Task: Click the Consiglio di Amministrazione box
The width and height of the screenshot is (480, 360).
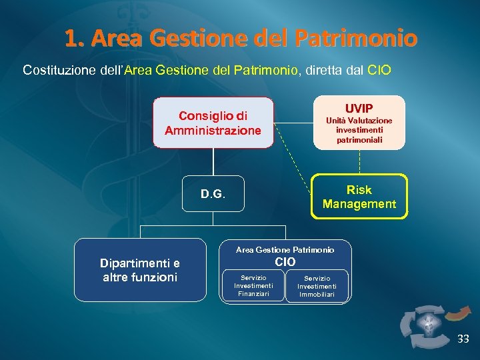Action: [x=213, y=123]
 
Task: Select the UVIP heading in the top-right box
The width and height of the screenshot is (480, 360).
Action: [x=359, y=108]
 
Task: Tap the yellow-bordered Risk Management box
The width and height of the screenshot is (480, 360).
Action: [x=359, y=197]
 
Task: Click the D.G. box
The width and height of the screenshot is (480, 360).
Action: [x=213, y=195]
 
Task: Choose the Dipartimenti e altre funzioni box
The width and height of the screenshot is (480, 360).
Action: [x=140, y=270]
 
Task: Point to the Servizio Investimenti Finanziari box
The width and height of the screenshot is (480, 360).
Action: [x=253, y=286]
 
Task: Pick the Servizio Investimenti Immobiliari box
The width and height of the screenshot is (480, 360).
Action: [x=317, y=286]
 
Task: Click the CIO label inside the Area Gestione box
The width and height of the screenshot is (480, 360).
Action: [x=285, y=263]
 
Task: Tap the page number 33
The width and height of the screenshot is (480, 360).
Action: [x=463, y=339]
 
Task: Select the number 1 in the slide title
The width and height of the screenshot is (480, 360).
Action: [x=71, y=39]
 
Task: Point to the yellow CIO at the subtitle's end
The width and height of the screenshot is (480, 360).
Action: [x=379, y=69]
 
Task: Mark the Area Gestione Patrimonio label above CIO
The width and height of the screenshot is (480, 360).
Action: [x=285, y=250]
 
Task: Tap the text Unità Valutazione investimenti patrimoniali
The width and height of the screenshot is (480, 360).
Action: [x=359, y=131]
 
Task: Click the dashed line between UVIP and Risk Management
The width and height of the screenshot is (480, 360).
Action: [x=359, y=161]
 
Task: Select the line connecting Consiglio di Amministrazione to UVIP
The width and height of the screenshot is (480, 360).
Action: [x=293, y=123]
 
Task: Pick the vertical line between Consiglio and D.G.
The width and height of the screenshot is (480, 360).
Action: [x=213, y=162]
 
